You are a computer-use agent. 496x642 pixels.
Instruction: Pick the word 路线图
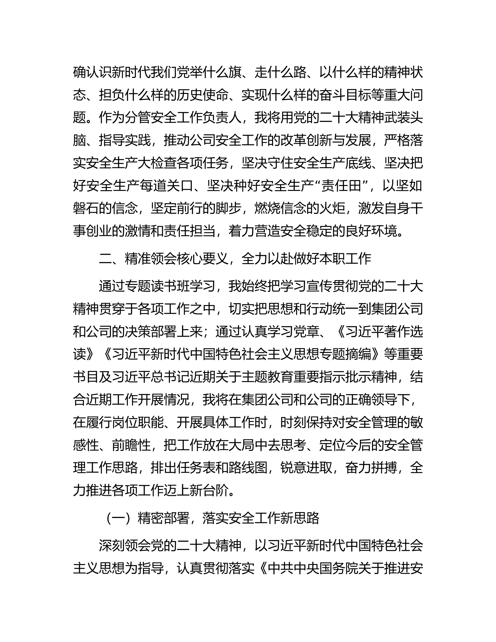click(x=248, y=468)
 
